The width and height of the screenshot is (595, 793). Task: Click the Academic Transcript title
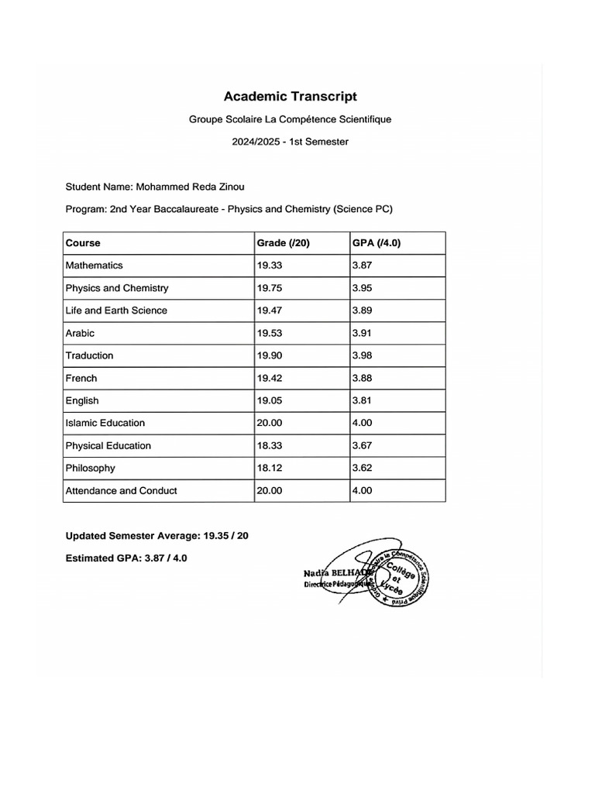click(x=291, y=97)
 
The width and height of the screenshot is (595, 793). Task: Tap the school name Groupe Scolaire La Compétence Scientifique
click(x=291, y=120)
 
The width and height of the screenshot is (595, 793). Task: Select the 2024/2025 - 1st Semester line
click(x=291, y=142)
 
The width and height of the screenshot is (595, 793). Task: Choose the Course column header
click(x=83, y=243)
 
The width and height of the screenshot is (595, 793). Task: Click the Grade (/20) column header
click(x=283, y=243)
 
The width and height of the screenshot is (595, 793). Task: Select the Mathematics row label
click(x=94, y=266)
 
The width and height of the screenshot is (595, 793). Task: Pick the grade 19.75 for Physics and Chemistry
click(x=270, y=288)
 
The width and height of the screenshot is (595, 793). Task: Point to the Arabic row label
click(x=80, y=333)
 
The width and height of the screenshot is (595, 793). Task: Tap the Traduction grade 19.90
click(x=270, y=355)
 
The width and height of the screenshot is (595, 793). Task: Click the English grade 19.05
click(x=270, y=401)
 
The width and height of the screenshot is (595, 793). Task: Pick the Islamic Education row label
click(x=105, y=424)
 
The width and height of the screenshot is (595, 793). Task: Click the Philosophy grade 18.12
click(x=270, y=469)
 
